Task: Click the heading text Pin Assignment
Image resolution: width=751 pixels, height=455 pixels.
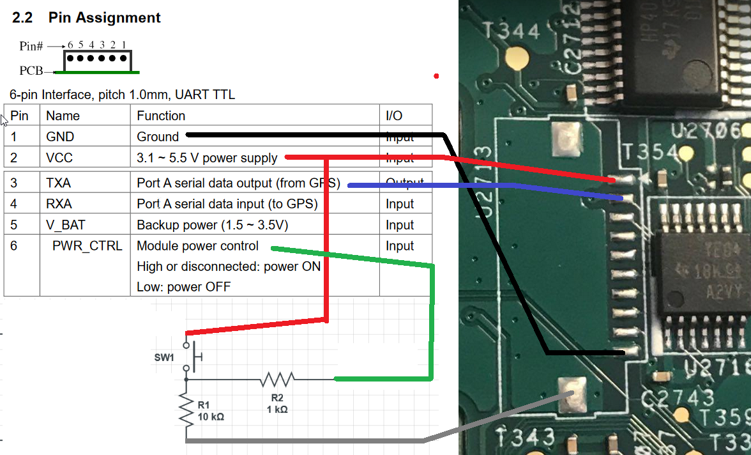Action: point(105,18)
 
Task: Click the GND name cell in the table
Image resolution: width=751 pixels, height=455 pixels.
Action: point(60,137)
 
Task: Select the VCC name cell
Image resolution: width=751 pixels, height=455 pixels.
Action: point(59,158)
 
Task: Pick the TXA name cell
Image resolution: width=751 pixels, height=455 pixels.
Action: point(59,183)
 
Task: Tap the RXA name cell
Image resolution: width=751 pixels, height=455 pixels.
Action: point(59,204)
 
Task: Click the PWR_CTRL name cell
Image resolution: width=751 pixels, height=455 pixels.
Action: point(87,246)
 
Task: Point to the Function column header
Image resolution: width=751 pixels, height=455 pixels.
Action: point(161,116)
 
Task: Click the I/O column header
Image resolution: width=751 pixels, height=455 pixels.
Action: point(394,116)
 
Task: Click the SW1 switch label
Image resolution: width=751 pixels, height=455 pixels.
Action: point(163,357)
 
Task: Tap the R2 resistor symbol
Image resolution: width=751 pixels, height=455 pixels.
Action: point(277,380)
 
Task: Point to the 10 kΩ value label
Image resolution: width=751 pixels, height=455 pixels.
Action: point(211,417)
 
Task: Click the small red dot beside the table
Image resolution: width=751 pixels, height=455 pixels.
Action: point(436,76)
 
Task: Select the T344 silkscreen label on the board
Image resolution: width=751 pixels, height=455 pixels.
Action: point(512,31)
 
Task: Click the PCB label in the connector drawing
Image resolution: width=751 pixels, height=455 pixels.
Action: point(31,70)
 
